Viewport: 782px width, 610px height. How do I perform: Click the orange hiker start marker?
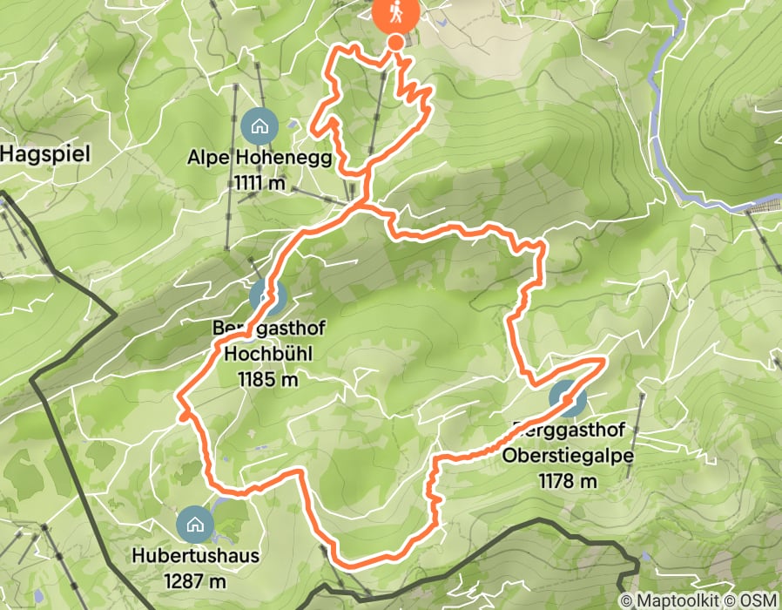(x=395, y=13)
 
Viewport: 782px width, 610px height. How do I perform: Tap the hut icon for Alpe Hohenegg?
(x=259, y=126)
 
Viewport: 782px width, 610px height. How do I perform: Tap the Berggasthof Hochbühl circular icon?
(x=267, y=297)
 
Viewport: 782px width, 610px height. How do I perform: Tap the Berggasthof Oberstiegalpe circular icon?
(x=567, y=399)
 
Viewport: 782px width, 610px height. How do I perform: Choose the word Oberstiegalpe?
(x=568, y=456)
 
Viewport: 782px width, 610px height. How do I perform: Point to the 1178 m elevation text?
(x=568, y=480)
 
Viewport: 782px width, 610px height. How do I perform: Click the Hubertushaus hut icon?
(x=193, y=524)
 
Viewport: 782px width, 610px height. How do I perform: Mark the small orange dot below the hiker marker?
(x=395, y=42)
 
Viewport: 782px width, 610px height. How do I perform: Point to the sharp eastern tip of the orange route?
(x=603, y=359)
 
